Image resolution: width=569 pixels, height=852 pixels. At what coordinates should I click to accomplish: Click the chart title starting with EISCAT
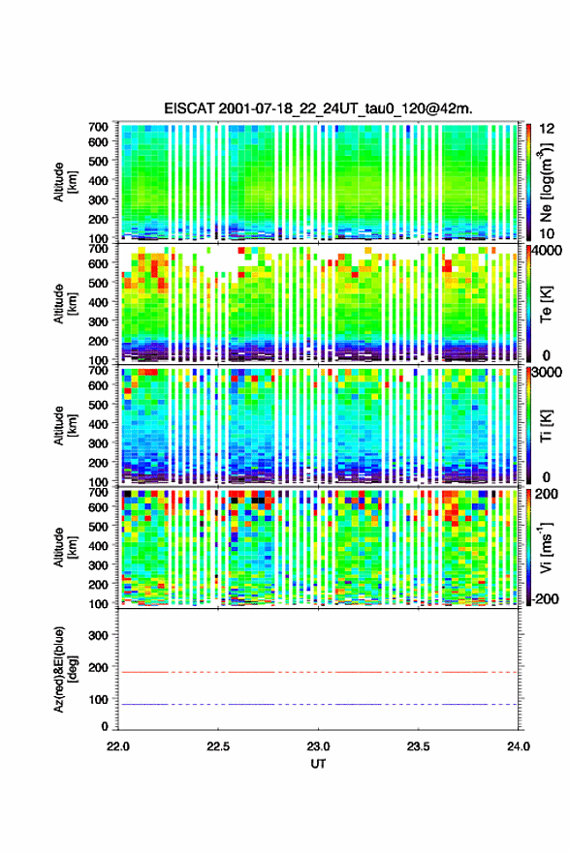pos(318,108)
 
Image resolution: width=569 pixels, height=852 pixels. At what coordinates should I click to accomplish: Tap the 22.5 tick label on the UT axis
pos(217,746)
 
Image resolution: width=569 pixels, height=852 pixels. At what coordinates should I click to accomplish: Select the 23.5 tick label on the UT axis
pos(418,746)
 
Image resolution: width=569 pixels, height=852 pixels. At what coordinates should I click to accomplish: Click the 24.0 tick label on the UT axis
pos(518,746)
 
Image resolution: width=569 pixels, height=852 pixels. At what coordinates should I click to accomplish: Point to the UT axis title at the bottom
pos(318,764)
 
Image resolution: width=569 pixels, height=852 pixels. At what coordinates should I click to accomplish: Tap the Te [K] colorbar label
pos(546,304)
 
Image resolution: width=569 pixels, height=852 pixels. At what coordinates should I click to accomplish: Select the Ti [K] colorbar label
pos(546,425)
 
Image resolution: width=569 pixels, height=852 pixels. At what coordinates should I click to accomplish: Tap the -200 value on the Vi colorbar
pos(543,598)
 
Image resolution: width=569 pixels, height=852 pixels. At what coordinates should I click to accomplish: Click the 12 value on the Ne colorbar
pos(547,130)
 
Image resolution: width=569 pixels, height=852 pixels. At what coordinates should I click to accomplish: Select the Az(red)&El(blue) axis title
pos(65,669)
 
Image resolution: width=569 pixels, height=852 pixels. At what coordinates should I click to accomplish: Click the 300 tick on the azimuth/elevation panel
pos(98,635)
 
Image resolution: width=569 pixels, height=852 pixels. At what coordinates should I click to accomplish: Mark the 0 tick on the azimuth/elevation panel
pos(105,726)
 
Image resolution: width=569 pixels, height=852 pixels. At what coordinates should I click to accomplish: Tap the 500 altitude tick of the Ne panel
pos(98,161)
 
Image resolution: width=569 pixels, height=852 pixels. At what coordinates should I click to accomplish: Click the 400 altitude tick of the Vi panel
pos(98,545)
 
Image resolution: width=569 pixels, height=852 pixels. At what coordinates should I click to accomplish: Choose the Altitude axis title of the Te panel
pos(65,303)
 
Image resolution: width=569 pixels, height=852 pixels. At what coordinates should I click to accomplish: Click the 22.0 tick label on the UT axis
pos(118,746)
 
